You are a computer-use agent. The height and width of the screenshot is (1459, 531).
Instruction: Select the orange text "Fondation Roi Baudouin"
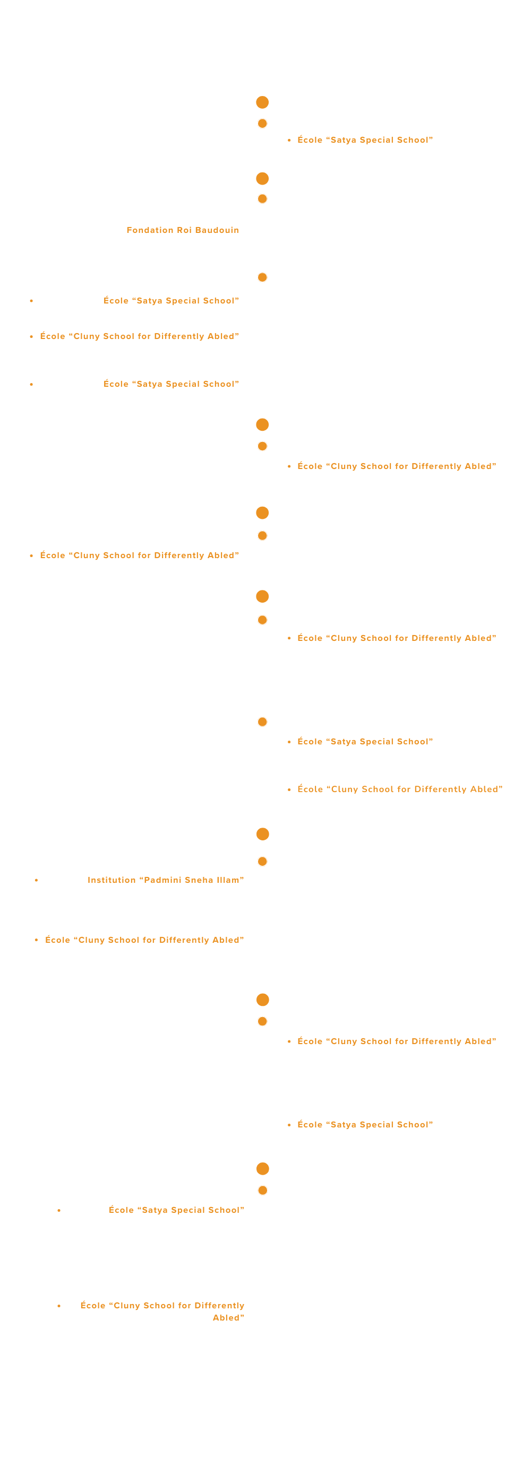coord(183,230)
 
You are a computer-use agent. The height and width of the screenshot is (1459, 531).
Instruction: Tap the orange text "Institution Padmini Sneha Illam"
coord(166,880)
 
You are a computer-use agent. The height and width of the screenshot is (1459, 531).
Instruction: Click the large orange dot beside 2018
coord(262,102)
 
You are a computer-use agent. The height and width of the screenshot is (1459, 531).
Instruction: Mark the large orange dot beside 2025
coord(262,1168)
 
